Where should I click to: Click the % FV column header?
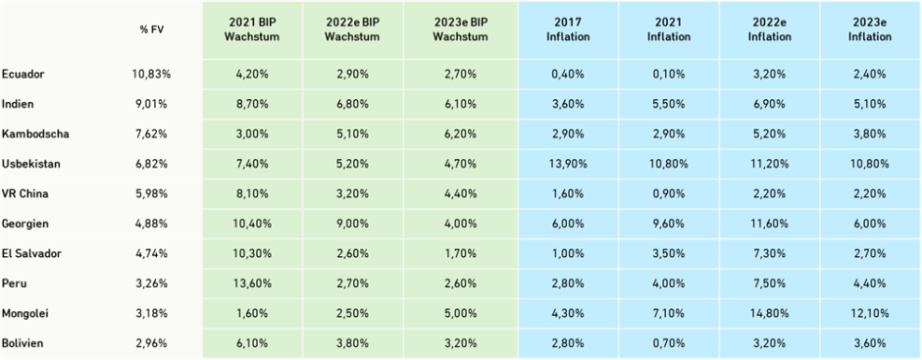pos(152,29)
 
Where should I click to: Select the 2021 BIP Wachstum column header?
pos(251,29)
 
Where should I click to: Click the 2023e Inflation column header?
pos(870,29)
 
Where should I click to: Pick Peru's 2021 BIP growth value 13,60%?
pos(251,283)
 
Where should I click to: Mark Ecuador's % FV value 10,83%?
pos(152,74)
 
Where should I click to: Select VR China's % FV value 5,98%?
pos(152,193)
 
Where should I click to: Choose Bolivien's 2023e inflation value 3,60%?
pos(870,343)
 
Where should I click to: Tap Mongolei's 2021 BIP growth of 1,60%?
pos(251,314)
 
